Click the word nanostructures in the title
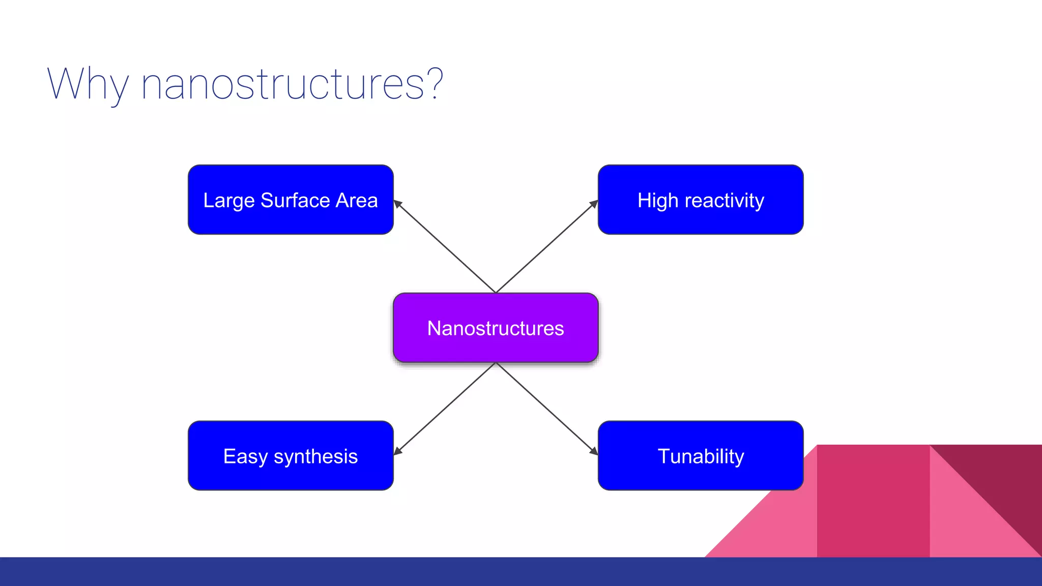(x=282, y=84)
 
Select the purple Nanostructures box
(x=495, y=328)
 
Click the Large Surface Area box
(x=291, y=199)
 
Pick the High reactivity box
(x=700, y=199)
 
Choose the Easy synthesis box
(x=291, y=456)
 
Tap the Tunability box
(x=700, y=456)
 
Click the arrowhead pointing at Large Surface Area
(x=398, y=204)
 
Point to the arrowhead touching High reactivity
(x=593, y=204)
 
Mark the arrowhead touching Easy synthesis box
(x=398, y=451)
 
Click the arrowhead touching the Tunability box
(x=593, y=451)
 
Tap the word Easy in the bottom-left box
(x=245, y=457)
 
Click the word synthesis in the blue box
(x=315, y=457)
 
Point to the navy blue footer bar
(x=521, y=571)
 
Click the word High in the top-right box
(x=657, y=201)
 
